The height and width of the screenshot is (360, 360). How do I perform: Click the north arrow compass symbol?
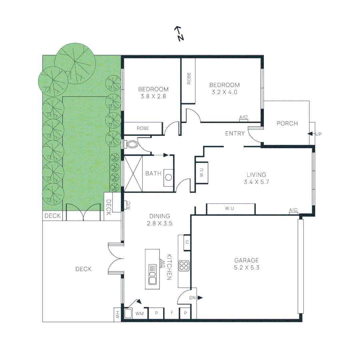pyautogui.click(x=179, y=34)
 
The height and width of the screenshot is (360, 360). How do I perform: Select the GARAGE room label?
pyautogui.click(x=246, y=261)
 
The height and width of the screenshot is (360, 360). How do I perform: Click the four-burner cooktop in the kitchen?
pyautogui.click(x=184, y=266)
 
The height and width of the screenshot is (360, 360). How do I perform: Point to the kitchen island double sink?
pyautogui.click(x=153, y=274)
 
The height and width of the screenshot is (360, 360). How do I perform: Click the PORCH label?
pyautogui.click(x=287, y=123)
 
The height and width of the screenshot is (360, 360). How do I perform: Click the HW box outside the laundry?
pyautogui.click(x=117, y=314)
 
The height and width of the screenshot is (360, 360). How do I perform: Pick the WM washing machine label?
pyautogui.click(x=139, y=313)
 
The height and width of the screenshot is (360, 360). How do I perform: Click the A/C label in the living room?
pyautogui.click(x=293, y=210)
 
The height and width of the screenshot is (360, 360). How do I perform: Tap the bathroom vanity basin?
pyautogui.click(x=168, y=177)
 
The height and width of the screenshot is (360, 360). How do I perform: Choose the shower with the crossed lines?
pyautogui.click(x=133, y=173)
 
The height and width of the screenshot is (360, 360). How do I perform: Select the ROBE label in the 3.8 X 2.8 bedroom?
pyautogui.click(x=143, y=128)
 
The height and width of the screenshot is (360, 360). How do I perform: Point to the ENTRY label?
pyautogui.click(x=235, y=134)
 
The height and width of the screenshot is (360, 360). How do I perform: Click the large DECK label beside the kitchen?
pyautogui.click(x=83, y=269)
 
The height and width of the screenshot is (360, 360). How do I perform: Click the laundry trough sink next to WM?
pyautogui.click(x=128, y=313)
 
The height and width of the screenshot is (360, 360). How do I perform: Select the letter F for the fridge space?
pyautogui.click(x=172, y=313)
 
